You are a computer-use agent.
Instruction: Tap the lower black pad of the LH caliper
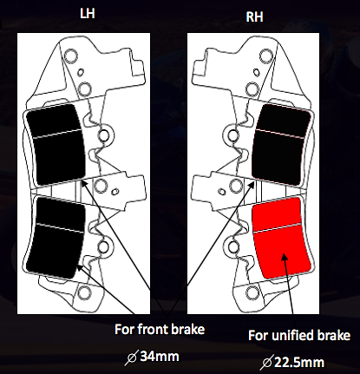[x=56, y=233]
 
